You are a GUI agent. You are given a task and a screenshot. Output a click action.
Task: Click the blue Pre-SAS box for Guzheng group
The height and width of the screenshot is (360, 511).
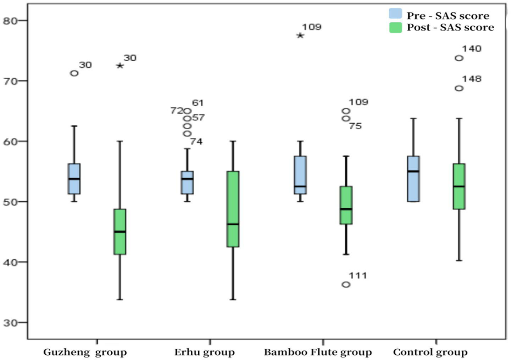coord(74,179)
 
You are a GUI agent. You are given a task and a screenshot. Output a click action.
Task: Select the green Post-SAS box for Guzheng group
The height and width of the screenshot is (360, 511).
coord(120,231)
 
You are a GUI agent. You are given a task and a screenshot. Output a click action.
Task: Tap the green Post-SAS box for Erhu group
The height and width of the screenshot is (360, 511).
coord(233,209)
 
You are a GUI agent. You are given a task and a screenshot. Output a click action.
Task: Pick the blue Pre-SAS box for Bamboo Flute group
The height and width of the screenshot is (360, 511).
coord(300,175)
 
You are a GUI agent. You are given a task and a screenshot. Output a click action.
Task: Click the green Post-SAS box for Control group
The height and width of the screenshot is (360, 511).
coord(459,186)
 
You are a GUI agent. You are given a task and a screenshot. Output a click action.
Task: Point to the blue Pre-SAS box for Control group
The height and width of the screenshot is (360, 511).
coord(413,179)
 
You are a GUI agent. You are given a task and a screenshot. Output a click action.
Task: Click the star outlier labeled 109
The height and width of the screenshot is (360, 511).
coord(300,35)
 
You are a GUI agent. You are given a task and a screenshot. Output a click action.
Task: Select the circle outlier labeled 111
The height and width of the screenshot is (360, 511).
coord(346,285)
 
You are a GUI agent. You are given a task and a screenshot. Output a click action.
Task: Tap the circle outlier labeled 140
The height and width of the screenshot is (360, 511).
coord(459,58)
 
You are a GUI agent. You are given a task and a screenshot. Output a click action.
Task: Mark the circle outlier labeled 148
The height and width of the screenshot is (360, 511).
coord(459,88)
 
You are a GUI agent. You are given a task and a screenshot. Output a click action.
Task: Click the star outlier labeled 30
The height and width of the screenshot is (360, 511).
coord(120,66)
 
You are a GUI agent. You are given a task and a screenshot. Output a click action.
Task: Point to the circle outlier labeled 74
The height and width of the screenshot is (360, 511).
coord(187,134)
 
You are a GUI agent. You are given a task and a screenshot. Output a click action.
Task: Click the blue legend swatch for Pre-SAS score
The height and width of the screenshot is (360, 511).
coord(395,14)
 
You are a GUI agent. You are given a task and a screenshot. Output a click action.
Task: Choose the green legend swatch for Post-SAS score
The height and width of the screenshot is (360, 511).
coord(395,27)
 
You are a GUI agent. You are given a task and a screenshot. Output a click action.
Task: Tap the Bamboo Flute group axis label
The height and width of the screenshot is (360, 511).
coord(318,352)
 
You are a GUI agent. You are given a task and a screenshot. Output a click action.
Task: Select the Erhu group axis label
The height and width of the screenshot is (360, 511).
coord(204,352)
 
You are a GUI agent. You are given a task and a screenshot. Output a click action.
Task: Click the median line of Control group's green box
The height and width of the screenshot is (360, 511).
coord(459,186)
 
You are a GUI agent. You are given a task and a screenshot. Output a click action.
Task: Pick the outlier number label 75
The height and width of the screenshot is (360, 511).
coord(355,126)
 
